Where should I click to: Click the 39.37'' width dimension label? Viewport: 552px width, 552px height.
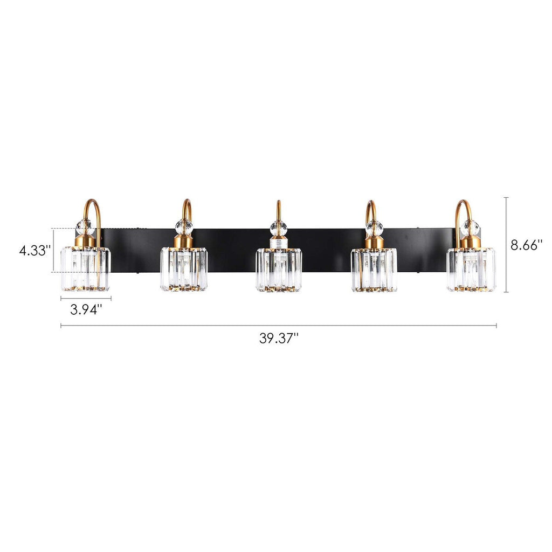point(279,339)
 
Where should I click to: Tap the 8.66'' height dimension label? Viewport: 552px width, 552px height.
point(526,245)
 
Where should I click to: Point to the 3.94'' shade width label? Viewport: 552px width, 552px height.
point(86,310)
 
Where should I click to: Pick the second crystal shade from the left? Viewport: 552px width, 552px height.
point(184,269)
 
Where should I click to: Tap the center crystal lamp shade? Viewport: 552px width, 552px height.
point(279,270)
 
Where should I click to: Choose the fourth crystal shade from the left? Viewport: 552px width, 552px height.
point(374,270)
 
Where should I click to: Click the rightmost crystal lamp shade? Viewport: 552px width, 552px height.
point(471,269)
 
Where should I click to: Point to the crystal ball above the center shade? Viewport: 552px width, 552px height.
point(278,227)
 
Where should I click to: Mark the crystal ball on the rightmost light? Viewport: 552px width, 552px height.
point(471,227)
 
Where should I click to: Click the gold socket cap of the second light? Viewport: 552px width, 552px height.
point(184,241)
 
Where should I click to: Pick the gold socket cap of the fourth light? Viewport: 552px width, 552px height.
point(374,242)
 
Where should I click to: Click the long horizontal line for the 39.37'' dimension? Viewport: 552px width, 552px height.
point(279,326)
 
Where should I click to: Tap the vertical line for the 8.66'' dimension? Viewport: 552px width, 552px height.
point(506,245)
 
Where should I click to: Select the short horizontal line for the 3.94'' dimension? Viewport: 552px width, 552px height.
point(86,298)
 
